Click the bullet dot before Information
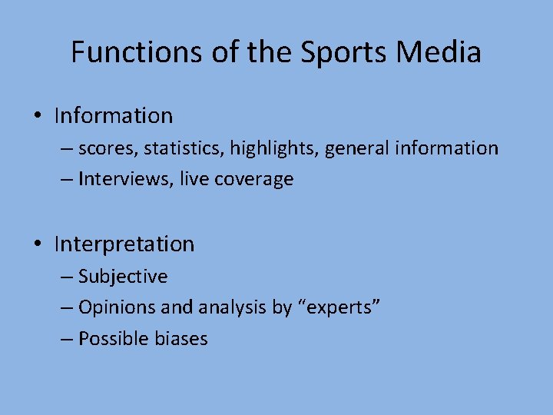[37, 116]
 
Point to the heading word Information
[114, 116]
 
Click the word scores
[106, 148]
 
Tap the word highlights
[270, 148]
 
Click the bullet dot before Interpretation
[37, 244]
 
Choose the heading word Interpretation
[124, 244]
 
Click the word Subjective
[123, 276]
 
